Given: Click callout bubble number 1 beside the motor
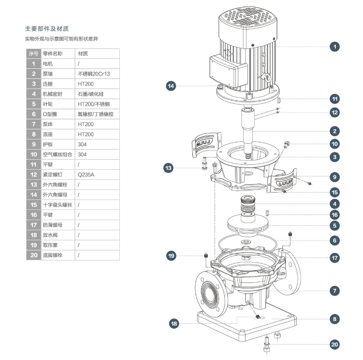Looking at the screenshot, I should click(x=334, y=46).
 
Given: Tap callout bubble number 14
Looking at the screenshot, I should click(x=171, y=86).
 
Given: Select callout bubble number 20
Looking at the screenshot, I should click(x=334, y=345).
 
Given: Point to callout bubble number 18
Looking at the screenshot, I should click(x=174, y=324).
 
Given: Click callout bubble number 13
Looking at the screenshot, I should click(x=169, y=168).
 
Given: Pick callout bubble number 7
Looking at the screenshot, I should click(x=334, y=291).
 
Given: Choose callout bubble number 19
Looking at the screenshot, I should click(x=171, y=256).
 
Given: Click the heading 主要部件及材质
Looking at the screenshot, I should click(x=47, y=29).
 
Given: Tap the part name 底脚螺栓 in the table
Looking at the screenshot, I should click(x=53, y=255).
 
